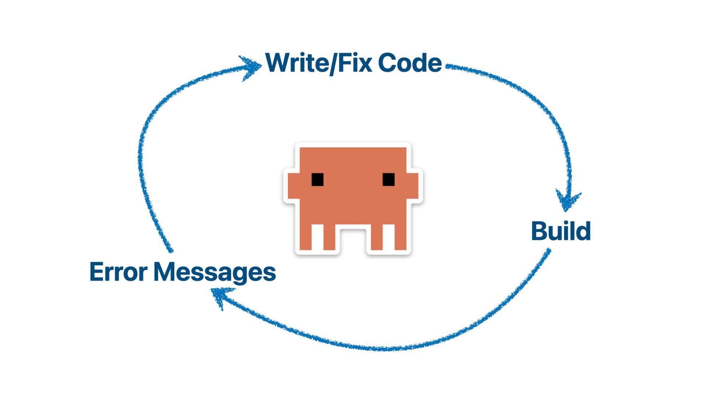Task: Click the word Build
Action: [x=561, y=231]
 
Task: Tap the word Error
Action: [x=118, y=272]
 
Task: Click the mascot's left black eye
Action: [x=317, y=180]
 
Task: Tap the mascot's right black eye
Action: [x=388, y=180]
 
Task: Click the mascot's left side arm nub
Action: [x=293, y=186]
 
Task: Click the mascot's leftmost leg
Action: [x=306, y=237]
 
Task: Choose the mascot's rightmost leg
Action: [x=400, y=237]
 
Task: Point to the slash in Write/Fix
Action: [x=333, y=63]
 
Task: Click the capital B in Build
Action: [x=539, y=231]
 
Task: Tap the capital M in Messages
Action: [x=165, y=272]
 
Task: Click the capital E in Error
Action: [x=96, y=272]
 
